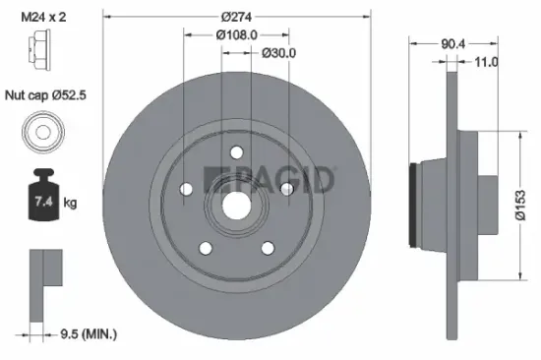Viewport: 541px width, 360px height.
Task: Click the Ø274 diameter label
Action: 239,17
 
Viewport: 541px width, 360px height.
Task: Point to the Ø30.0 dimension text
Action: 278,52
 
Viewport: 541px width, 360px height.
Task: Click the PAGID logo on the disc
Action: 270,180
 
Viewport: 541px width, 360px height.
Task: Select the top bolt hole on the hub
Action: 237,151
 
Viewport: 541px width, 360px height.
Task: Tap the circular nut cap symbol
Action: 42,132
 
